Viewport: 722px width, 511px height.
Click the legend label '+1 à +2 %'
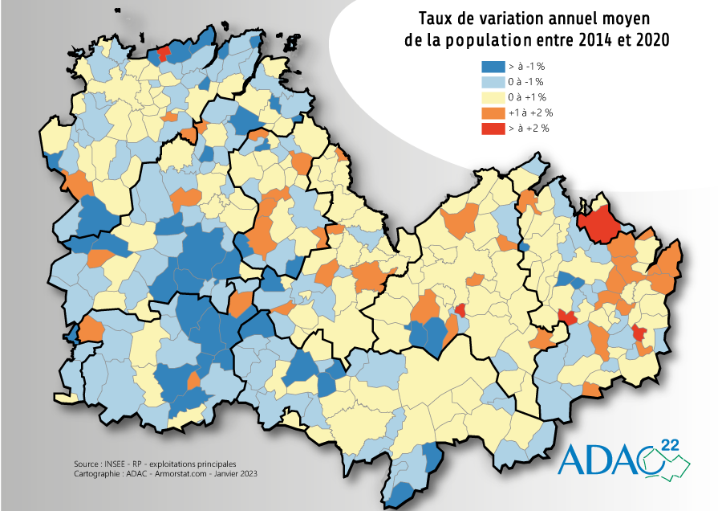pyautogui.click(x=530, y=112)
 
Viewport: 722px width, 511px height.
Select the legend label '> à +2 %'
pyautogui.click(x=529, y=128)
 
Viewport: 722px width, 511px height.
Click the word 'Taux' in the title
pyautogui.click(x=436, y=18)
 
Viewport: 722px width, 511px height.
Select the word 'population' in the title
pyautogui.click(x=495, y=39)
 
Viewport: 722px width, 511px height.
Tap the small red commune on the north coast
pyautogui.click(x=162, y=54)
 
